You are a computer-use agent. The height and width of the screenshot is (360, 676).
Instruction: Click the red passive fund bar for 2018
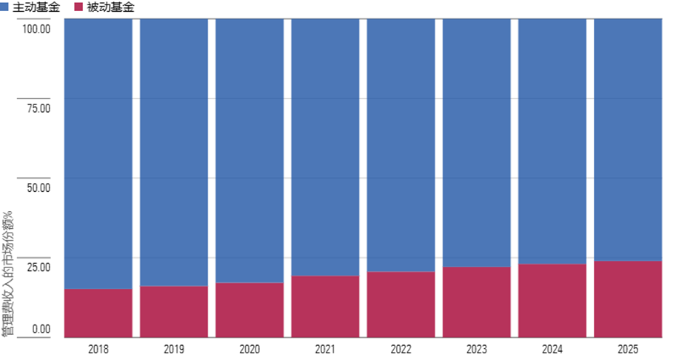[x=98, y=313]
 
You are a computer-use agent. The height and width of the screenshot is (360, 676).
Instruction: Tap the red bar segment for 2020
[x=250, y=310]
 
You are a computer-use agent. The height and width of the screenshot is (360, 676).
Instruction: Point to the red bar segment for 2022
[x=401, y=304]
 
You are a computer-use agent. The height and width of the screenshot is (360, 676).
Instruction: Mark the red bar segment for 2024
[x=552, y=300]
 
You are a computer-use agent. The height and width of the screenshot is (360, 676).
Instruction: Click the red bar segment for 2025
[x=628, y=299]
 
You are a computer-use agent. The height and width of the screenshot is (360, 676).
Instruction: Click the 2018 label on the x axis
[x=98, y=349]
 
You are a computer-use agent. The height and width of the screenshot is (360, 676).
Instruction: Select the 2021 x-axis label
[x=325, y=349]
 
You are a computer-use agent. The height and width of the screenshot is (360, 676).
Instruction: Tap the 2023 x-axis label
[x=477, y=349]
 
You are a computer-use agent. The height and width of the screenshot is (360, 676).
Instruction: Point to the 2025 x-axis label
[x=628, y=349]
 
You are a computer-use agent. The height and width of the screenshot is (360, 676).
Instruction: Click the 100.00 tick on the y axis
[x=36, y=29]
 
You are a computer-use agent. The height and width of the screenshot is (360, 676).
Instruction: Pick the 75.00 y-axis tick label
[x=38, y=108]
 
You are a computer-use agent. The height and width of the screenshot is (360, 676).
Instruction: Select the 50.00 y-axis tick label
[x=38, y=187]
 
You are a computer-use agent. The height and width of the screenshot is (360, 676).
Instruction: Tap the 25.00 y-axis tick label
[x=38, y=267]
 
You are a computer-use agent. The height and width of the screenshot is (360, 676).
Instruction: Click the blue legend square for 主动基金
[x=5, y=7]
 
